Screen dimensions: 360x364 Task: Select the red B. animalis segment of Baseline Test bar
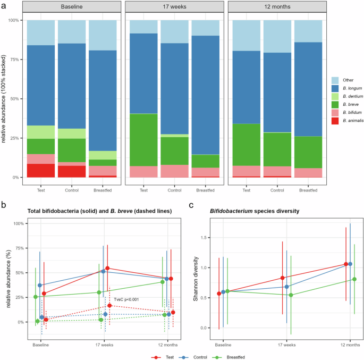pos(40,170)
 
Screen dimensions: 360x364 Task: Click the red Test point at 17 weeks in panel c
pos(283,278)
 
